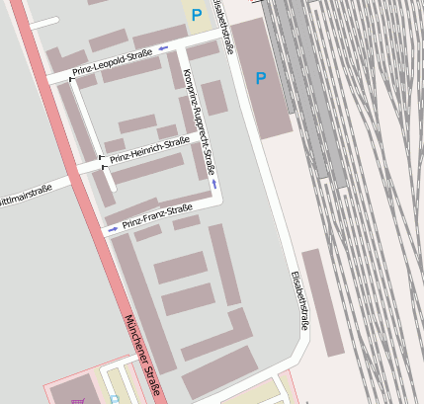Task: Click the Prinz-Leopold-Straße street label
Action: tap(113, 62)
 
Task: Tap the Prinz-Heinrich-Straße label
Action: tap(148, 149)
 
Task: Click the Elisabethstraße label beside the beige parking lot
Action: tap(225, 27)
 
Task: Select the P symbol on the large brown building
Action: tap(261, 78)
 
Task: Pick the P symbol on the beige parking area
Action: tap(197, 15)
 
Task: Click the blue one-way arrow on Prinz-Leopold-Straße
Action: tap(163, 46)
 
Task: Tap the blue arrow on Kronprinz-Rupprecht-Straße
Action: tap(214, 184)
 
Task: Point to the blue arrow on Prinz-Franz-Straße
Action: tap(112, 229)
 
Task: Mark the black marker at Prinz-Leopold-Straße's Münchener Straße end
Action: tap(71, 77)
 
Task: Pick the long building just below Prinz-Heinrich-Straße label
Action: tap(148, 167)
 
